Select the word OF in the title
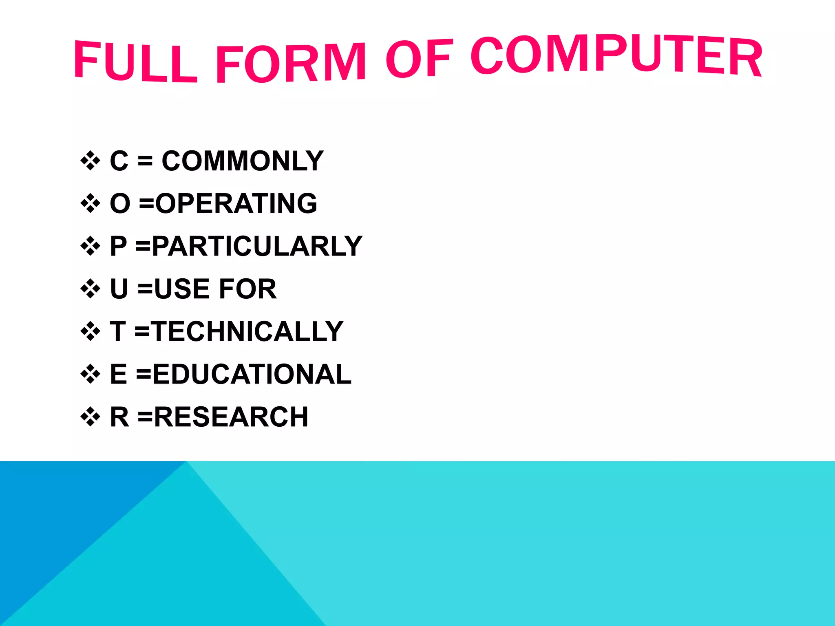419,58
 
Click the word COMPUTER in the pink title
616,55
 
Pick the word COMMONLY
243,161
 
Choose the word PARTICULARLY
257,246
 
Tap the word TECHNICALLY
248,331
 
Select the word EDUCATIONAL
252,374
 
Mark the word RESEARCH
231,417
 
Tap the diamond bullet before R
90,417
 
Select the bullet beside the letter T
90,331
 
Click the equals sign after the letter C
145,161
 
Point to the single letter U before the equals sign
119,289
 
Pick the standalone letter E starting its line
119,374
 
